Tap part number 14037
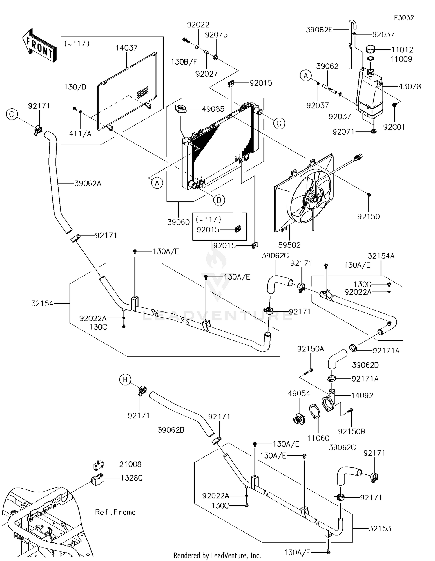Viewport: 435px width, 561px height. (x=126, y=48)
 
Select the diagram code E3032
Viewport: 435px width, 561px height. (x=404, y=18)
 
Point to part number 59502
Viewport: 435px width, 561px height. (x=289, y=245)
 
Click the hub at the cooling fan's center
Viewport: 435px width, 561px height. (x=314, y=199)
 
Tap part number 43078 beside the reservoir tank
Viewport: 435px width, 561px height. (x=409, y=86)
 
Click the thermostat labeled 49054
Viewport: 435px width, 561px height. (x=298, y=419)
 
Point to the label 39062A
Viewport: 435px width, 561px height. (x=88, y=183)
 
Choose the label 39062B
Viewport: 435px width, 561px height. (x=171, y=430)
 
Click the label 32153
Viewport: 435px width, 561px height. (x=380, y=529)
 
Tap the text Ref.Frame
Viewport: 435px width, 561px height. (x=115, y=512)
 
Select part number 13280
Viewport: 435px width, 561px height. (x=131, y=478)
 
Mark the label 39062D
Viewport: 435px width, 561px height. (x=365, y=365)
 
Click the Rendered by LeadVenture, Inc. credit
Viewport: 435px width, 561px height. (x=217, y=555)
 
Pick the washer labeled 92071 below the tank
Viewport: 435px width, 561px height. (x=374, y=132)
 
